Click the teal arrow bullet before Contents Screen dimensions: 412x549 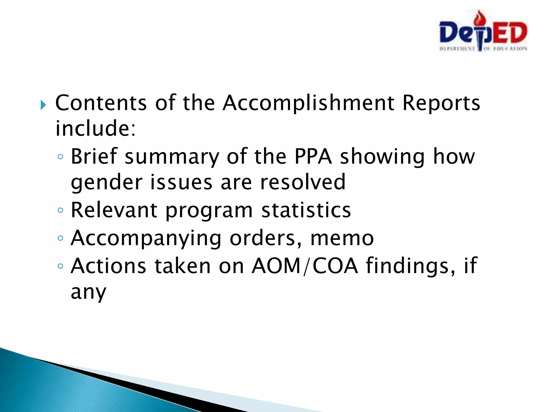click(43, 105)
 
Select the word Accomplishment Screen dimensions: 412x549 click(308, 103)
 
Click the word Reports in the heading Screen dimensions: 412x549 click(441, 103)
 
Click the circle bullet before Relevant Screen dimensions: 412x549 click(60, 210)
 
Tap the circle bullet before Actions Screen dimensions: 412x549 click(60, 266)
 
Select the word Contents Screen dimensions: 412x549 click(101, 103)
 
